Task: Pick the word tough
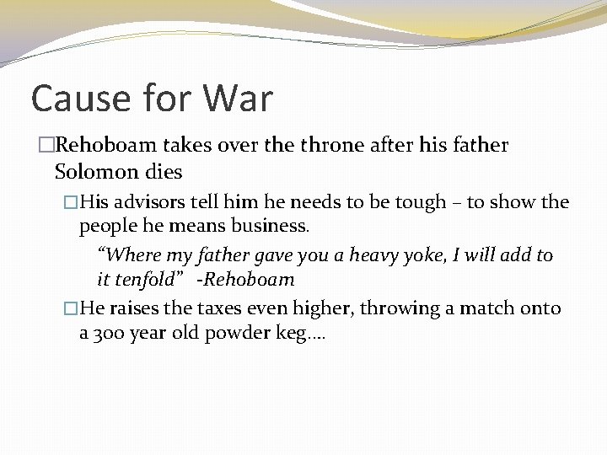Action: (x=415, y=203)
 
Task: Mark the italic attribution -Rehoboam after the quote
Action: (x=245, y=279)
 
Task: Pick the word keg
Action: (x=297, y=333)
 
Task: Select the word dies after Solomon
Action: (x=164, y=172)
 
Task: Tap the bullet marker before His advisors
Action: (x=71, y=203)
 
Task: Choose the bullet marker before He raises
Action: (x=71, y=309)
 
